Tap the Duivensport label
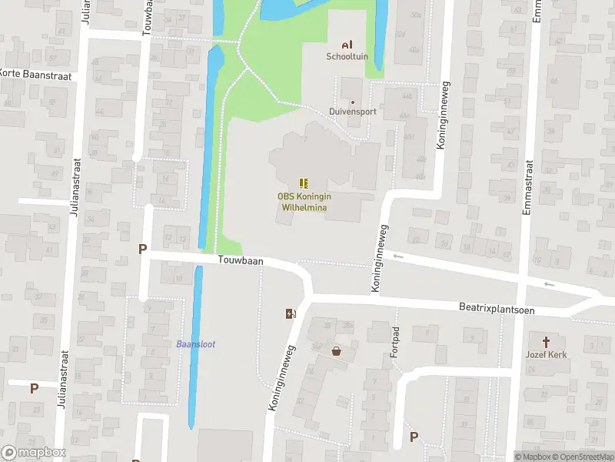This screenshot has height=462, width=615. (x=353, y=112)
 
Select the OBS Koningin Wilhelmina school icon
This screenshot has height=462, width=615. (x=304, y=183)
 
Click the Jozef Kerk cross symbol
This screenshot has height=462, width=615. (x=547, y=341)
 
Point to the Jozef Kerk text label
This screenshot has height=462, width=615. (x=547, y=354)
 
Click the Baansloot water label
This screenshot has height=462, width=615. (x=196, y=343)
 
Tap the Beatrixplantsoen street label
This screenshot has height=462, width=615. (x=496, y=308)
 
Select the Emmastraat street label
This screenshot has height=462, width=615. (x=529, y=190)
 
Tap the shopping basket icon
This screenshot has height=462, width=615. (x=336, y=351)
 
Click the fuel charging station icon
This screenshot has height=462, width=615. (x=291, y=313)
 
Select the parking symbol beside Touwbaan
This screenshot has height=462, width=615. (x=141, y=249)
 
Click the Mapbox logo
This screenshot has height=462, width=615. (x=32, y=453)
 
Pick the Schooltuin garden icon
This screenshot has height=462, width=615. (x=347, y=44)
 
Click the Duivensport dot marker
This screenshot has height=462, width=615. (x=353, y=102)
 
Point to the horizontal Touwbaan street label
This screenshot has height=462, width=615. (x=241, y=261)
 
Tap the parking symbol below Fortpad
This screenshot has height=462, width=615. (x=414, y=437)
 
